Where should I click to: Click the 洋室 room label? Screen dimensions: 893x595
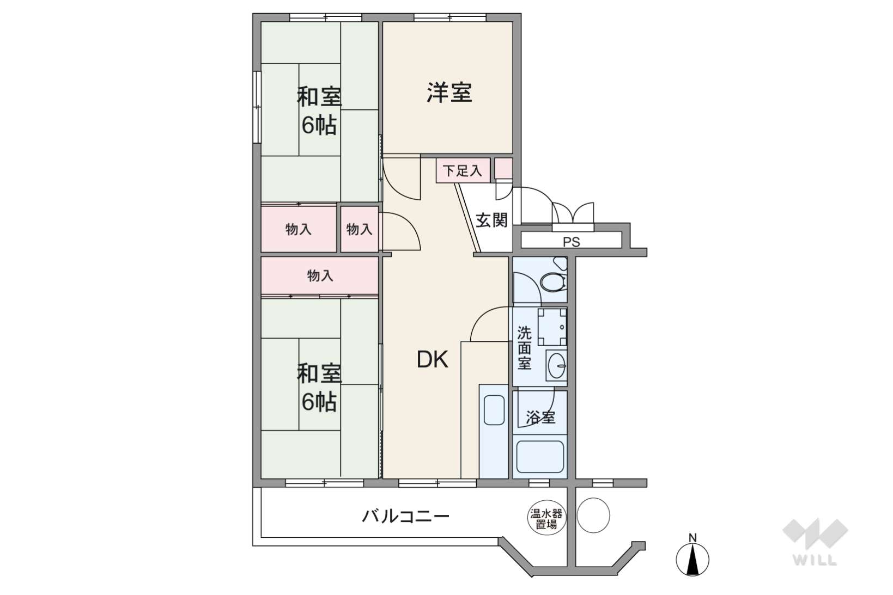[x=449, y=93]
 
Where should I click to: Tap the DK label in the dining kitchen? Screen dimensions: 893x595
[x=433, y=359]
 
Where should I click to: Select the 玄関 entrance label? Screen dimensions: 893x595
[x=491, y=220]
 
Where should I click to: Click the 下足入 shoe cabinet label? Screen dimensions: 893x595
[x=463, y=171]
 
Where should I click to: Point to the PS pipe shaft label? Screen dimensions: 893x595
[x=572, y=242]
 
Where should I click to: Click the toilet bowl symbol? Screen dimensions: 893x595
[x=553, y=281]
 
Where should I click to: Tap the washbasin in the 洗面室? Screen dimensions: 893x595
[x=556, y=365]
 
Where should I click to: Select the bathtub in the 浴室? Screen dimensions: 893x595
[x=540, y=457]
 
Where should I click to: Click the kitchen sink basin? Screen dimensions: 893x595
[x=494, y=410]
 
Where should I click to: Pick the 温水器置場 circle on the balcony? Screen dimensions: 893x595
[x=546, y=518]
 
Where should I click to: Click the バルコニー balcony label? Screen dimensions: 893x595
[x=405, y=517]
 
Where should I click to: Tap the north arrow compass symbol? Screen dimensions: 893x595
[x=692, y=557]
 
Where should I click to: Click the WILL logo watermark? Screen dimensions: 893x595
[x=815, y=542]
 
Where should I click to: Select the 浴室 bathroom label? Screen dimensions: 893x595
[x=540, y=418]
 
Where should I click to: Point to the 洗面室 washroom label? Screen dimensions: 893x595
[x=524, y=348]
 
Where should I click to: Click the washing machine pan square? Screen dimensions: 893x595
[x=552, y=327]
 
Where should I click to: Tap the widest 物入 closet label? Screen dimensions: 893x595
[x=320, y=276]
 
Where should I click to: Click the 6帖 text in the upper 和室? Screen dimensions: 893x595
[x=319, y=125]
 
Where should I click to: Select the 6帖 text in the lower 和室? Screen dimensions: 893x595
[x=319, y=402]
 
